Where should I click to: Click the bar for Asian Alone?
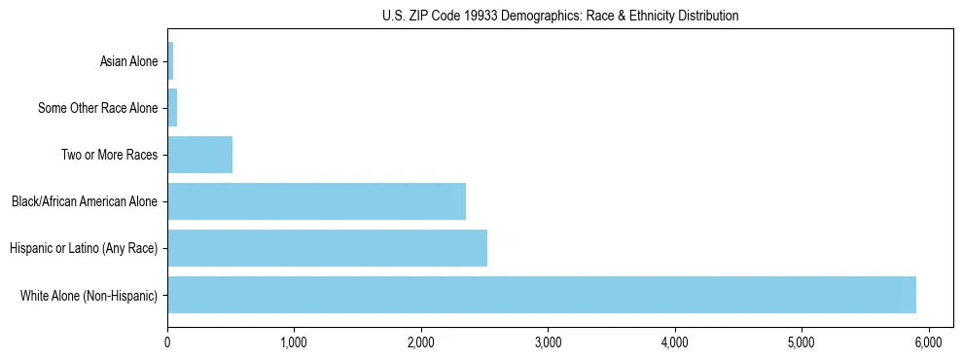(x=170, y=61)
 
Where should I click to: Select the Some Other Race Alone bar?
(x=172, y=108)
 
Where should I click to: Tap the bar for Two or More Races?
(x=199, y=155)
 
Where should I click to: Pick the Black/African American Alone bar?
(x=316, y=201)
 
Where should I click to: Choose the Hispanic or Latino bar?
(x=327, y=248)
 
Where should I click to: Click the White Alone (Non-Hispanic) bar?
(x=541, y=295)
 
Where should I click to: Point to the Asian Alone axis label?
(x=128, y=61)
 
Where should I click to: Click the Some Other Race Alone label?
(x=97, y=108)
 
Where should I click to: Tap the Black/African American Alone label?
(x=85, y=201)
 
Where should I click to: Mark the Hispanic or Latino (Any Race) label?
(x=84, y=248)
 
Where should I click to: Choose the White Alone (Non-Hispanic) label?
(x=89, y=295)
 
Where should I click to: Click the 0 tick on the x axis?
(x=167, y=342)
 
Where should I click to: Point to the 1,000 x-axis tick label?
(x=294, y=342)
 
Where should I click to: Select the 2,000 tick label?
(x=421, y=342)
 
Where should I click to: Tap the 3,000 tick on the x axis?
(x=548, y=342)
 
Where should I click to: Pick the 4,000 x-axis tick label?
(x=674, y=342)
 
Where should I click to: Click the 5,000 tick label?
(x=802, y=342)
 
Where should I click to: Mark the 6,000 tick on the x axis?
(x=928, y=342)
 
